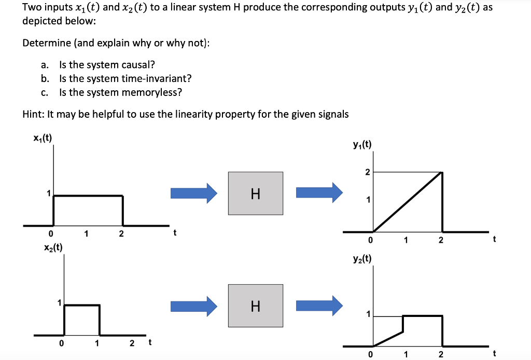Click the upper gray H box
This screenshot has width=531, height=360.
pos(256,193)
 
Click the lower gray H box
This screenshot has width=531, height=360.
pos(256,306)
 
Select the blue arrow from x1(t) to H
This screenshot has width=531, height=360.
pos(194,193)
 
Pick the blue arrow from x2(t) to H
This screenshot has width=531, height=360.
pos(194,306)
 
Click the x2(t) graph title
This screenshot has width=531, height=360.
pos(53,247)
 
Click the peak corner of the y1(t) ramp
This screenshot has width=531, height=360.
pos(442,172)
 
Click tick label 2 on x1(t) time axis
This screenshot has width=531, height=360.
pos(121,234)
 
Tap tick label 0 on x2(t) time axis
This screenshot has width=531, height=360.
pos(61,343)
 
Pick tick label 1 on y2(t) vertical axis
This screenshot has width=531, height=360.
pos(368,314)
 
